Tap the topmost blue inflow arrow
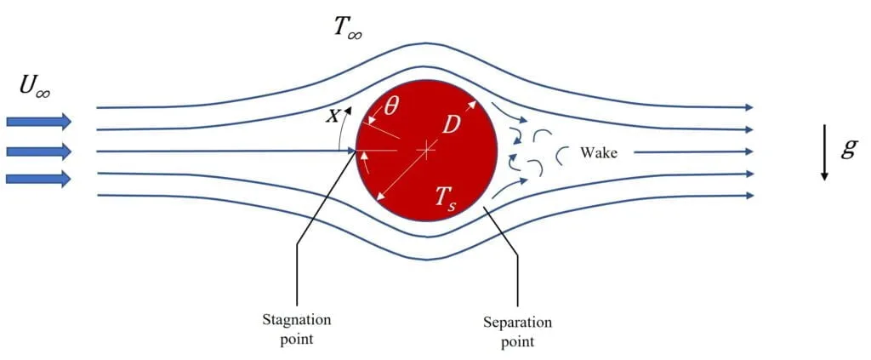point(38,122)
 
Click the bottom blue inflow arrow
point(38,178)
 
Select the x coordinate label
point(333,117)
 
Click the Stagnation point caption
point(296,328)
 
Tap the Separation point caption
point(517,333)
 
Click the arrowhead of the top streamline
point(749,108)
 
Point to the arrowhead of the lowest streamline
point(749,196)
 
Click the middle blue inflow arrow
point(38,151)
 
